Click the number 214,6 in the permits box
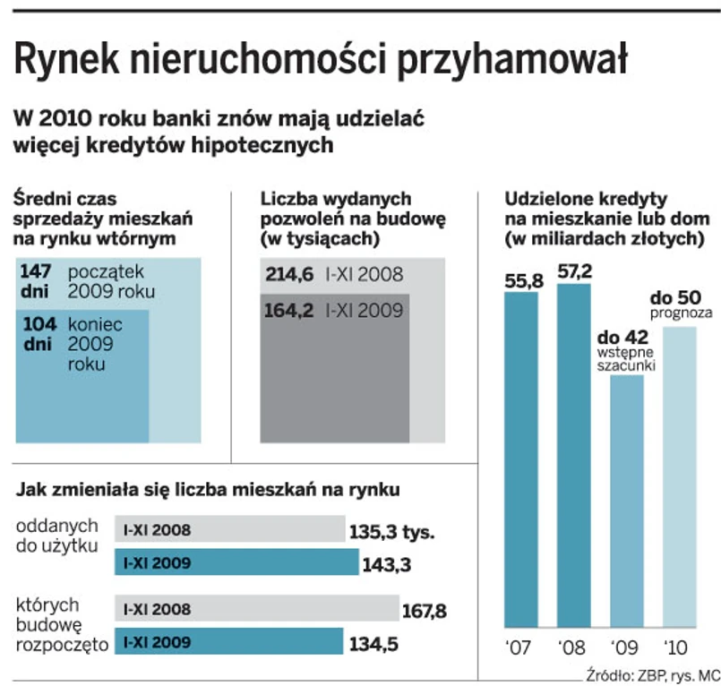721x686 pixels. [x=288, y=275]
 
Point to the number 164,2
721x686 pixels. [x=288, y=311]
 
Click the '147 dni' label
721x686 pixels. [x=37, y=279]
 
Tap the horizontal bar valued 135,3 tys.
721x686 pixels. [x=231, y=529]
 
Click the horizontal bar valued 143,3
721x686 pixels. [x=236, y=562]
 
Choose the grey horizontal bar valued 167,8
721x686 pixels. [x=257, y=609]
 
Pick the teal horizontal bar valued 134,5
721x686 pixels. [x=229, y=641]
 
